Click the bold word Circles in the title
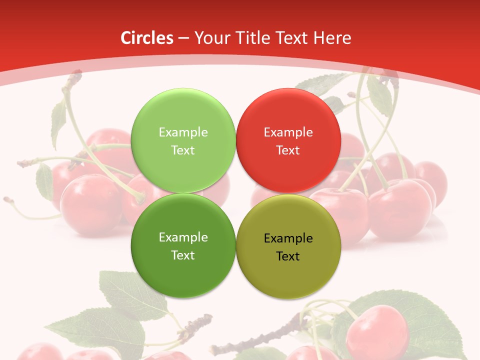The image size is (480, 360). [x=147, y=38]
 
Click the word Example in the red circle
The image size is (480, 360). [x=288, y=132]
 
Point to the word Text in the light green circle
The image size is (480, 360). [x=183, y=150]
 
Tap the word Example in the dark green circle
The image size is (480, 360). [x=183, y=237]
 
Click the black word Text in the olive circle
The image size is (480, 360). [x=288, y=256]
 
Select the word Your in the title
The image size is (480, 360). [x=210, y=38]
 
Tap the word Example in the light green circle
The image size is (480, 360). [x=183, y=132]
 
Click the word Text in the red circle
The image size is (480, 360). [x=288, y=150]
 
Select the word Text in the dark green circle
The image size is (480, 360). [x=183, y=255]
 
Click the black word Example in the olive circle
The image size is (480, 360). [x=288, y=238]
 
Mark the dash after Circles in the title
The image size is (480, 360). [x=183, y=38]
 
